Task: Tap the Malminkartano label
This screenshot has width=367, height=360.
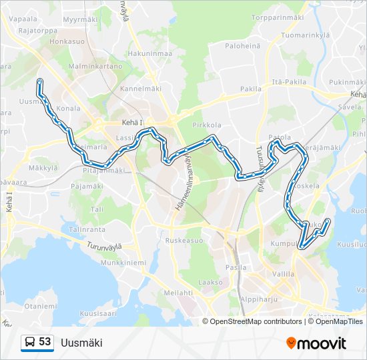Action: [x=95, y=67]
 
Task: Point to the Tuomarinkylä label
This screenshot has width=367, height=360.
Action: [x=306, y=35]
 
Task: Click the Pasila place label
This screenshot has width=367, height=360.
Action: [x=236, y=267]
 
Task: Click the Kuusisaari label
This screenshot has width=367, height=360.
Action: [x=97, y=312]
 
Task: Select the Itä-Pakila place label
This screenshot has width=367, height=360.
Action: [x=288, y=81]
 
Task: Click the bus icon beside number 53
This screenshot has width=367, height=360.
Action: [x=29, y=343]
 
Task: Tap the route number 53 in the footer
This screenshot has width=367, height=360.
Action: [x=45, y=342]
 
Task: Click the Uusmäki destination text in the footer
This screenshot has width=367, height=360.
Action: [x=81, y=343]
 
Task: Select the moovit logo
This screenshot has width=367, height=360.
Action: [x=316, y=343]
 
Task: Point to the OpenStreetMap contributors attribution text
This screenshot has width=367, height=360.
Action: [x=256, y=321]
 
